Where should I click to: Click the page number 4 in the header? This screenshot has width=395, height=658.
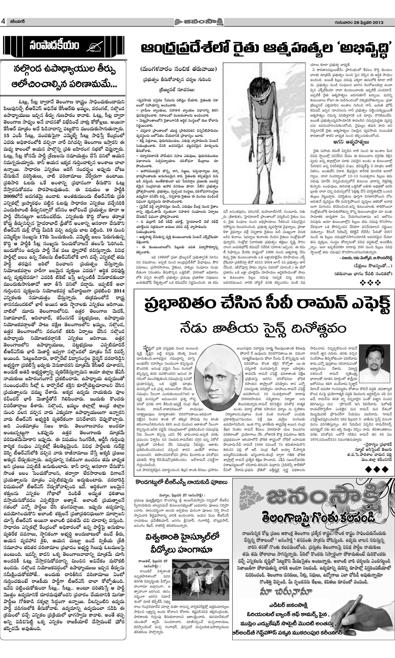click(3, 22)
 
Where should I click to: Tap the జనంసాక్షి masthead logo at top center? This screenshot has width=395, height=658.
click(197, 22)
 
